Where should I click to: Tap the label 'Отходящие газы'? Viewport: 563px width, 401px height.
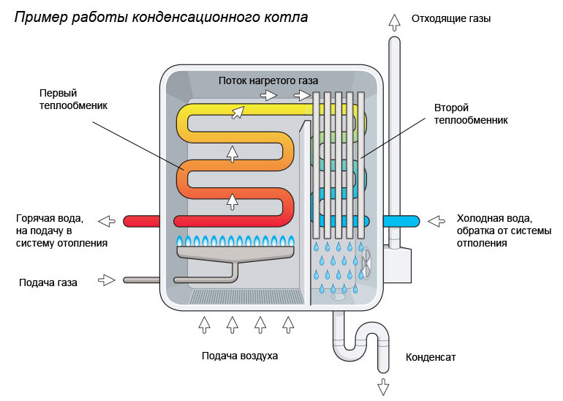pyautogui.click(x=451, y=19)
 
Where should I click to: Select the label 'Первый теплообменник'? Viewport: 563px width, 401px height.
pyautogui.click(x=72, y=100)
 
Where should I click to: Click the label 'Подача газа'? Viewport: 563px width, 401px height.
pyautogui.click(x=49, y=281)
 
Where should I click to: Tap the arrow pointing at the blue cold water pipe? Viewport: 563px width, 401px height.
pyautogui.click(x=437, y=220)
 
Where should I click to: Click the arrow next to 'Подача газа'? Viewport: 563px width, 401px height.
pyautogui.click(x=107, y=280)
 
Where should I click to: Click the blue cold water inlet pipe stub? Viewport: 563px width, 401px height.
pyautogui.click(x=401, y=220)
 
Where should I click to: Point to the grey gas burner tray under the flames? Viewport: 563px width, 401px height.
pyautogui.click(x=235, y=253)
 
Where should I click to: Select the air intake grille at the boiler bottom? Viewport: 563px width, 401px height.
pyautogui.click(x=245, y=296)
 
